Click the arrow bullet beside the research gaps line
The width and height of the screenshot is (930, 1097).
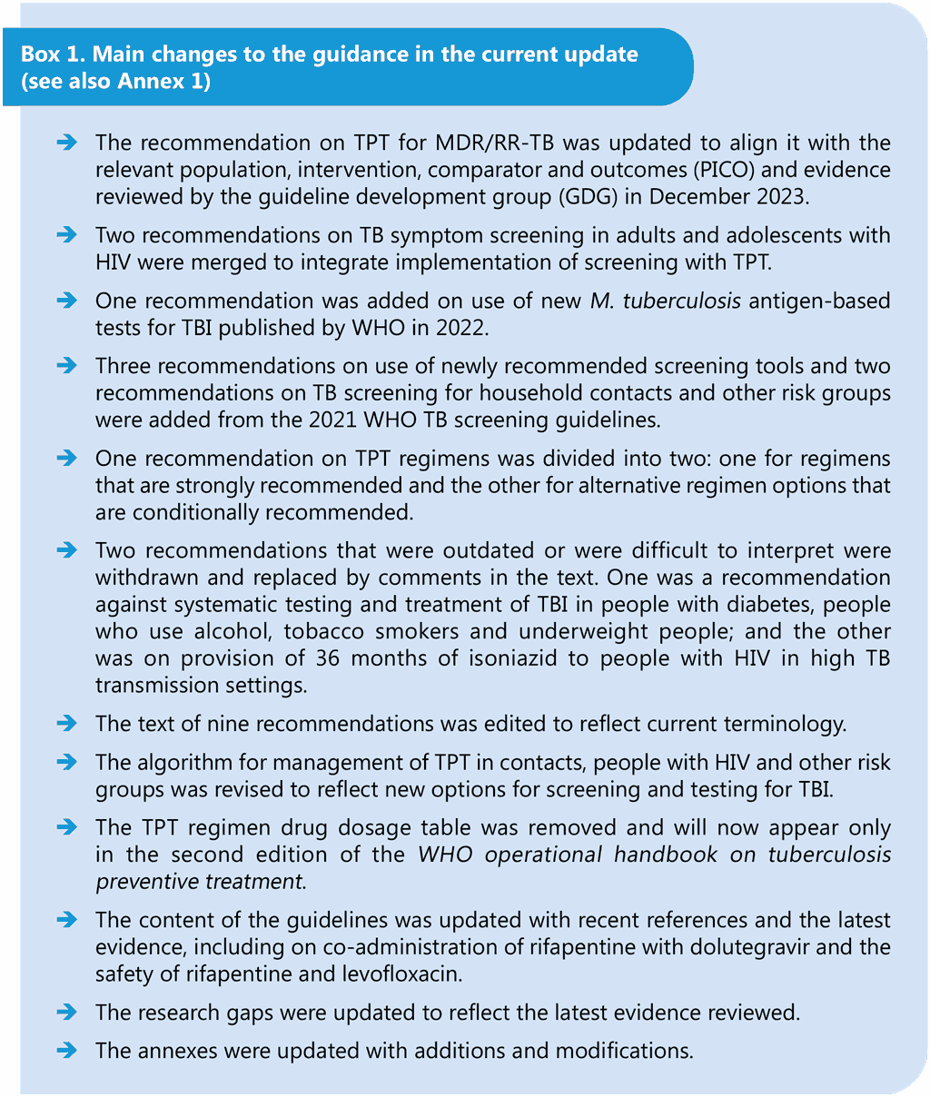[66, 1012]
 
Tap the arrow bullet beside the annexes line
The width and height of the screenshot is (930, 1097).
[66, 1050]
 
